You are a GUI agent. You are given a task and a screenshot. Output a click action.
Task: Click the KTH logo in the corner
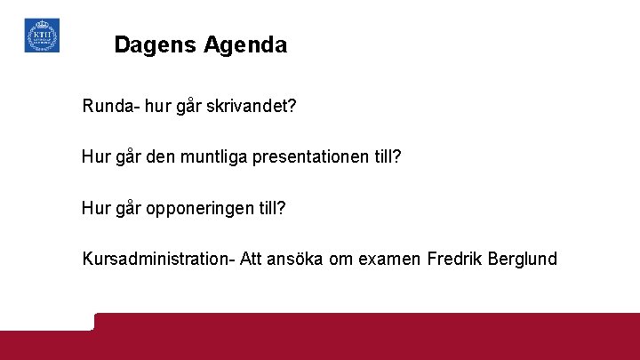[x=42, y=36]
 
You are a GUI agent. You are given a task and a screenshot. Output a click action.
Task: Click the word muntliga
[x=217, y=157]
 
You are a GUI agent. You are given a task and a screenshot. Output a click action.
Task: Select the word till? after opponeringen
[x=271, y=208]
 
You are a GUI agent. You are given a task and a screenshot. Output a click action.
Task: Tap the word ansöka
[x=302, y=259]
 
